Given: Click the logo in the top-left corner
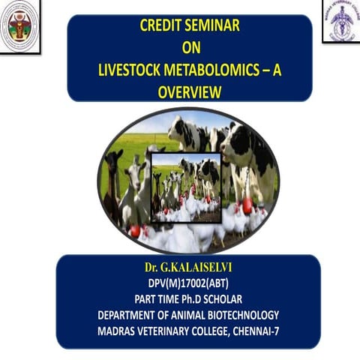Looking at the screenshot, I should [x=19, y=25].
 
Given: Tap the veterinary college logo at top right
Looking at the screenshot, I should [x=341, y=20].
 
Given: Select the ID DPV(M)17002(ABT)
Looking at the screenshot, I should [x=187, y=283].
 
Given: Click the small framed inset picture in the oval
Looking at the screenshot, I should [x=185, y=188].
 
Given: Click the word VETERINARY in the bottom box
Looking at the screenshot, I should [x=172, y=330].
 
